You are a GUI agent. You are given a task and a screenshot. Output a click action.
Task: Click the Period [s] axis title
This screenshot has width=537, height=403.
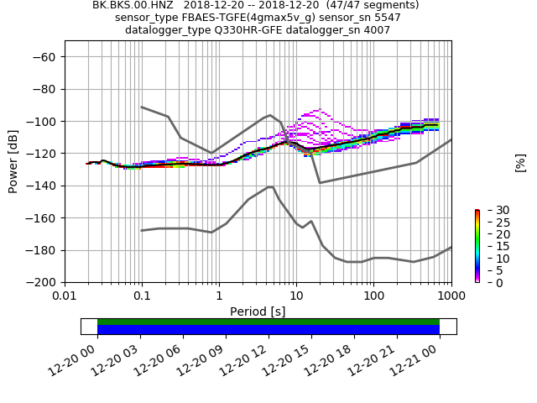[x=258, y=311]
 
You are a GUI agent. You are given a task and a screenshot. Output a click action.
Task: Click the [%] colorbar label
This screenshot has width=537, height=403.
[x=520, y=162]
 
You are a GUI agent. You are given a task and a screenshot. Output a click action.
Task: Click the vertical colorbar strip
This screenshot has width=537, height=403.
[x=477, y=246]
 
